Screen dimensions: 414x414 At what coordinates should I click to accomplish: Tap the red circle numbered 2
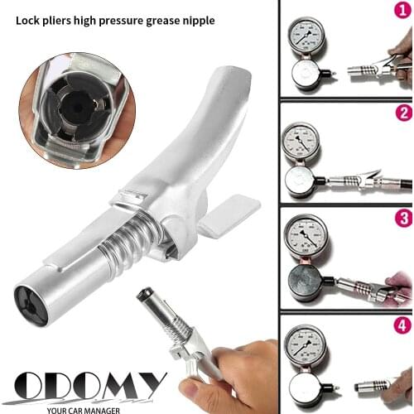pos(403,113)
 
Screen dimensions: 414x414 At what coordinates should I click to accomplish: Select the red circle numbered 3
pos(403,219)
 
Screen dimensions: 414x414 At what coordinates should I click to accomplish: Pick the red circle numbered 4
pos(403,324)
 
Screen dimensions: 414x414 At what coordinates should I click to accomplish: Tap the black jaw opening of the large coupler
pos(30,302)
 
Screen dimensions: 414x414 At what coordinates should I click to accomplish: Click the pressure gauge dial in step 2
pos(301,140)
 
